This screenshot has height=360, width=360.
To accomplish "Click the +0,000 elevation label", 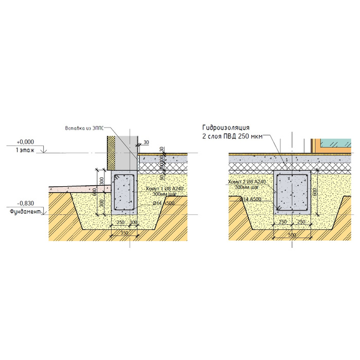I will click(25, 141).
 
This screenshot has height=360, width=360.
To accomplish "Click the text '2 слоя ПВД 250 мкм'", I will click(232, 136).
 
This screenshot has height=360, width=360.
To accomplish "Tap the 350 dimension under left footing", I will click(124, 233).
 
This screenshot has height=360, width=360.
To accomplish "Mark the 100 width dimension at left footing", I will click(135, 222).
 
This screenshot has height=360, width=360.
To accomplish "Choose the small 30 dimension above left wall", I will click(146, 142).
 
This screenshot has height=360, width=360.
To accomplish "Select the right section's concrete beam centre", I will click(292, 193).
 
